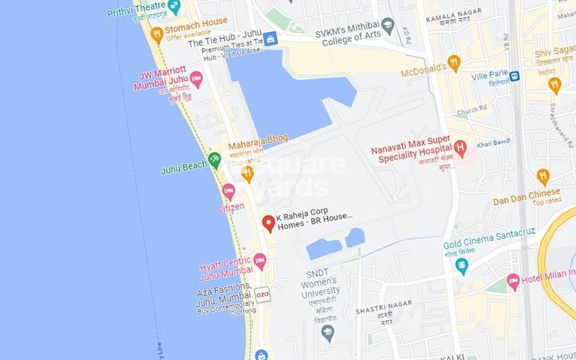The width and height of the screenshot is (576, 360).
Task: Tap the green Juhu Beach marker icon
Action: pos(214,160)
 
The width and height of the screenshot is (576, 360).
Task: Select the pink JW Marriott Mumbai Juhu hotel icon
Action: pos(196,79)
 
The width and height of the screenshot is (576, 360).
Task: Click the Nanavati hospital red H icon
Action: pos(459,148)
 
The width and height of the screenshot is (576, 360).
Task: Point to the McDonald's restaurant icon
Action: pos(454,63)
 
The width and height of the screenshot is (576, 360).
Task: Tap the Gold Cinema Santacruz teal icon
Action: pos(462,265)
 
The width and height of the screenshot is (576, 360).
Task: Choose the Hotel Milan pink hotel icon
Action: pos(513,281)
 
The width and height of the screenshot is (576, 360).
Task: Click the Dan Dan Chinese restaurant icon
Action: pos(542,177)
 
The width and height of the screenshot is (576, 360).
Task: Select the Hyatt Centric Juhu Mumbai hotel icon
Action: pos(259,261)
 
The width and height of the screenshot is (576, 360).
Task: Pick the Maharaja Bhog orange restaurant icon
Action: pos(247,174)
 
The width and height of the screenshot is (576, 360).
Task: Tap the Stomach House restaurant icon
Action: pos(157,34)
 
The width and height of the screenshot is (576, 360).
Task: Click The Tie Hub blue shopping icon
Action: pos(270,38)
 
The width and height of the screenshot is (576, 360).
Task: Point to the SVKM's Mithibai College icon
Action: pos(388,25)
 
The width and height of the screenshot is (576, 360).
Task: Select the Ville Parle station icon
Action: pos(515,76)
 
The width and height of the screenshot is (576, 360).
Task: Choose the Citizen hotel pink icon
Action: pos(228,191)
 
